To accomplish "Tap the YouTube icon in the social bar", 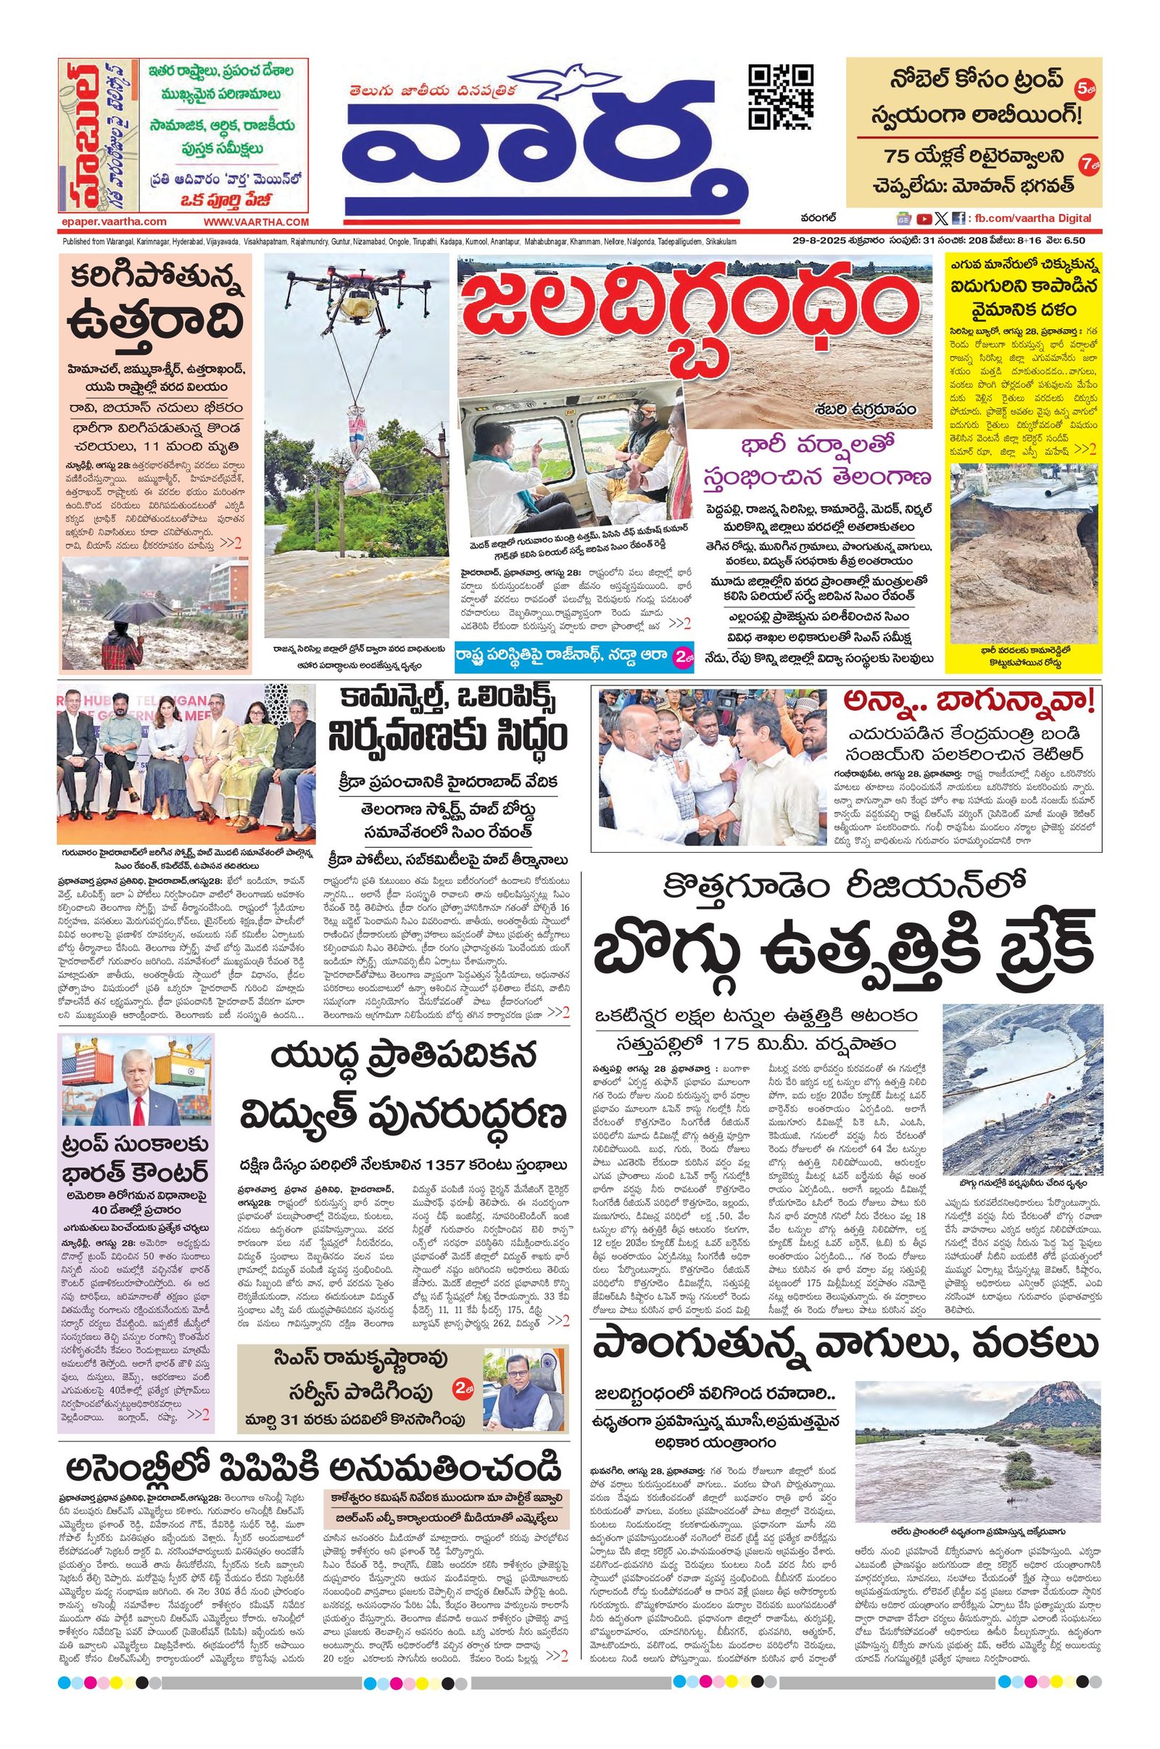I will pyautogui.click(x=924, y=218).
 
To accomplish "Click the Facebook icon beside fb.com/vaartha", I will pyautogui.click(x=958, y=218).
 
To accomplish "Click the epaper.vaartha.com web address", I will pyautogui.click(x=114, y=221).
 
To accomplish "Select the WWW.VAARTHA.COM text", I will pyautogui.click(x=256, y=221).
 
